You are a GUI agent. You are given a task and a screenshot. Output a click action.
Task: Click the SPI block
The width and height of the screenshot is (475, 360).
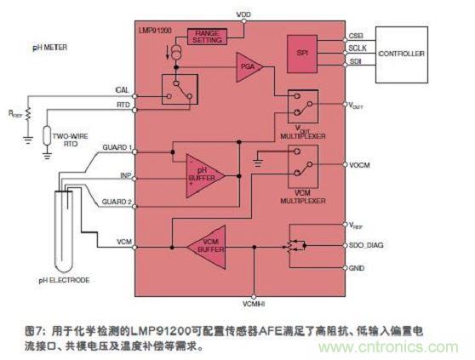tap(302, 52)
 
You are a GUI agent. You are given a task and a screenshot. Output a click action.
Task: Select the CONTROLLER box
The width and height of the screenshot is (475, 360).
tap(400, 54)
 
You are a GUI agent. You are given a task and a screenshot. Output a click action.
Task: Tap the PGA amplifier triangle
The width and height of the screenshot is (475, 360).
tap(250, 66)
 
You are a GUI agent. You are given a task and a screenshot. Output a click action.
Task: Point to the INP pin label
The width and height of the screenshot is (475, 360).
tap(124, 175)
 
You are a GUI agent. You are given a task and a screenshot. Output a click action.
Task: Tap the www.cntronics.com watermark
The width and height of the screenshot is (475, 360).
tap(409, 348)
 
